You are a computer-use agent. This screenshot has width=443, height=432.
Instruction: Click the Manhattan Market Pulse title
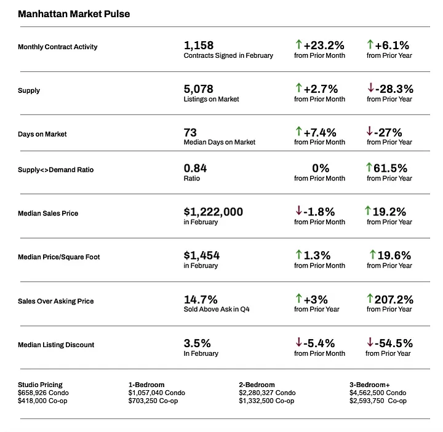click(x=74, y=14)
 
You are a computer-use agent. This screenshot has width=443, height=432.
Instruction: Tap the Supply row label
click(x=29, y=90)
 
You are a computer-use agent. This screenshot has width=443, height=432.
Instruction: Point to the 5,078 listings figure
click(x=198, y=89)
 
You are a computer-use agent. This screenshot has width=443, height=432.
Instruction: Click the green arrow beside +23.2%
click(x=298, y=44)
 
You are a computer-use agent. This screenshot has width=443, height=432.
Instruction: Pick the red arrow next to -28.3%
click(x=370, y=89)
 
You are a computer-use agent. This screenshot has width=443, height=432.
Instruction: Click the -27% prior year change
click(x=389, y=132)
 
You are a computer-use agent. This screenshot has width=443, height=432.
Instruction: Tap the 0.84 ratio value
click(x=195, y=168)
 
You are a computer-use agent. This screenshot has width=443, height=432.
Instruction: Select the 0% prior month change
click(x=321, y=168)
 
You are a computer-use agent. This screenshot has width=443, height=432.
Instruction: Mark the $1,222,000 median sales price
click(x=214, y=212)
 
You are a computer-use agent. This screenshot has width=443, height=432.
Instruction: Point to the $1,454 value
click(x=201, y=255)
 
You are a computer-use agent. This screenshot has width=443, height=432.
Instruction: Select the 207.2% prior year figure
click(x=394, y=299)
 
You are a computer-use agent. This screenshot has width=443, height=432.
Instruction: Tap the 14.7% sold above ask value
click(x=201, y=299)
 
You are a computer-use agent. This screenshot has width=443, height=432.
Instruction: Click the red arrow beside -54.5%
click(x=370, y=343)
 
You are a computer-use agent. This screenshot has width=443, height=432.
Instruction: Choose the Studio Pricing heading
click(x=40, y=385)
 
